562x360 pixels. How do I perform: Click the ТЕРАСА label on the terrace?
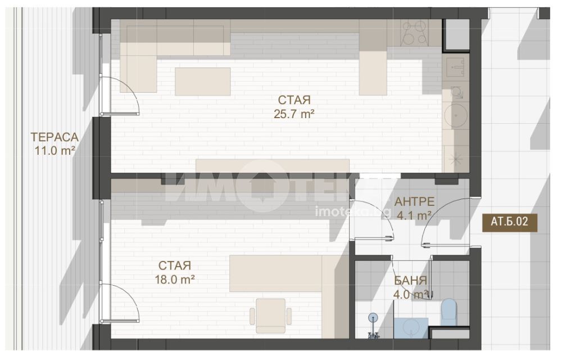coord(55,137)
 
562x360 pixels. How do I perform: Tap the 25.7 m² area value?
coord(294,114)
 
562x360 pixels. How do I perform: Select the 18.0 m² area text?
coord(175,280)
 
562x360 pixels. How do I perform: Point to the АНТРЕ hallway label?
coord(414,201)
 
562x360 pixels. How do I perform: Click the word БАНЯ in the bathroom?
coord(410,281)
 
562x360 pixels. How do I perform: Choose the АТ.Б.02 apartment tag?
coord(509,222)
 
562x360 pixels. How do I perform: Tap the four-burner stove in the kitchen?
coord(415,33)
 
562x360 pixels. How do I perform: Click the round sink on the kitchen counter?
coord(456,115)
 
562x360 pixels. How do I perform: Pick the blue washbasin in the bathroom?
coord(411,328)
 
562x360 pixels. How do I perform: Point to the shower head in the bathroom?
coord(373,317)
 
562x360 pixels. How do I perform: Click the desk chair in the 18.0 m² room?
coord(271,316)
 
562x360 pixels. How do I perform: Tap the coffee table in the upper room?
coord(202,82)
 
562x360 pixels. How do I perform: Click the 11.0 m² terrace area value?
coord(55,151)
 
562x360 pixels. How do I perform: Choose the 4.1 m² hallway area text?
coord(414,215)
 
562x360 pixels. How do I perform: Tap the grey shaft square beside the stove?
coord(456,34)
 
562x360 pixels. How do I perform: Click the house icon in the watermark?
coord(263,186)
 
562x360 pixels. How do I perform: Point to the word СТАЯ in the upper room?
coord(294,100)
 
